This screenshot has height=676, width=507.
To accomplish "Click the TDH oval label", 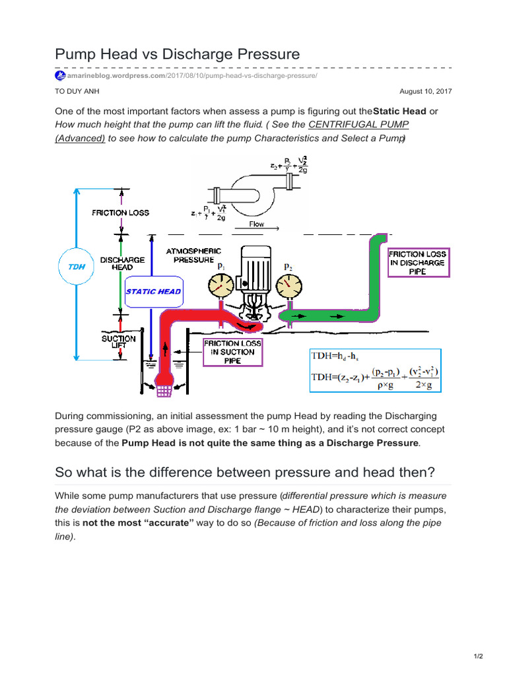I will (x=78, y=267).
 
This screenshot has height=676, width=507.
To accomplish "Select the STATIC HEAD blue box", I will (x=153, y=291).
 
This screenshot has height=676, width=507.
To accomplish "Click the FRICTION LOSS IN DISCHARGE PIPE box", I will (x=418, y=262).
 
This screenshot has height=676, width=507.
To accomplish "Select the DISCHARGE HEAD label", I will (x=122, y=264).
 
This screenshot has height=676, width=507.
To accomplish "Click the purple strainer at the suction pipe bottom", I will (x=162, y=389).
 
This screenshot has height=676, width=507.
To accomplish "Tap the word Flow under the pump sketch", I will (x=257, y=224).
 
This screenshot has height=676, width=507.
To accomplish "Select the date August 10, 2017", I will (x=430, y=92).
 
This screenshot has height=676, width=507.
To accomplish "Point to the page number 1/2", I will (x=479, y=656).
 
